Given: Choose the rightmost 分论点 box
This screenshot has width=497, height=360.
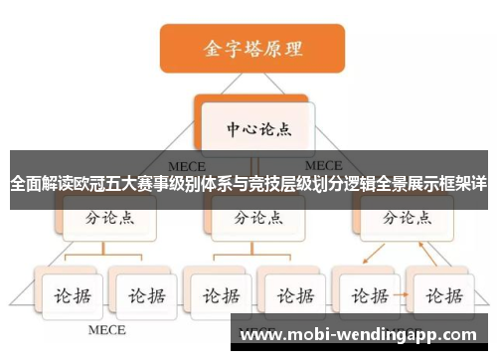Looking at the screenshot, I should click(x=403, y=217).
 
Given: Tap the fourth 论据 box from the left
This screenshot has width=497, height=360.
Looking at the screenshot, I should click(x=290, y=296).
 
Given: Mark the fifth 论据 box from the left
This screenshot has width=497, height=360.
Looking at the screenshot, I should click(x=365, y=296).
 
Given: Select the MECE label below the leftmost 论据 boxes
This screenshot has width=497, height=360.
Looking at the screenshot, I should click(x=107, y=328).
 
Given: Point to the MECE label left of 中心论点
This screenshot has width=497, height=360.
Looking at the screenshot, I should click(x=185, y=164).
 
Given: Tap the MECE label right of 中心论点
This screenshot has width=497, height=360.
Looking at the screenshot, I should click(x=322, y=164).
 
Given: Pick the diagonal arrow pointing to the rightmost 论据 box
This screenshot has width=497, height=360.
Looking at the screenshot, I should click(x=425, y=256).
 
